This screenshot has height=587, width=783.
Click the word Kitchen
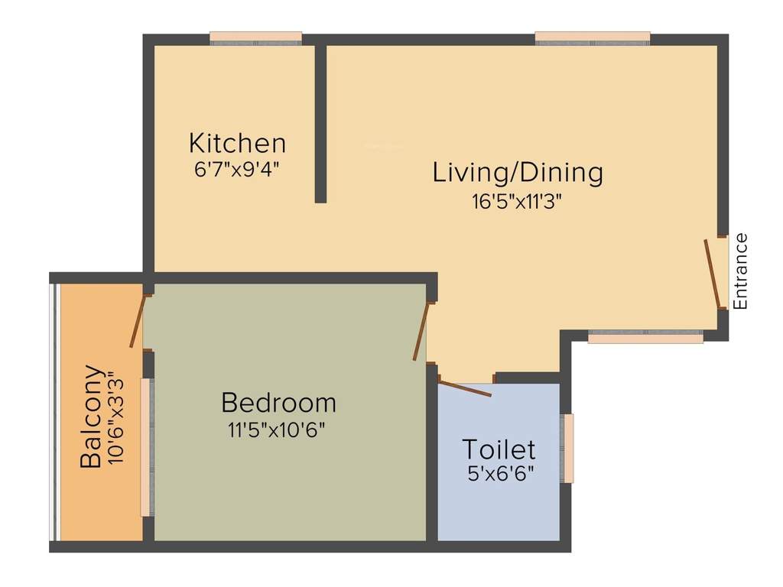(237, 143)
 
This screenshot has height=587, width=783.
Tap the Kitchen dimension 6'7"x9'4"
(237, 168)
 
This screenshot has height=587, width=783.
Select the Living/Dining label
(518, 172)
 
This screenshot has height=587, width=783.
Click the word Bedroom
(278, 402)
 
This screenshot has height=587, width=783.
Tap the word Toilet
(499, 449)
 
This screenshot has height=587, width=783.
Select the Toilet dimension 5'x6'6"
(500, 473)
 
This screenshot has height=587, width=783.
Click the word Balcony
(91, 416)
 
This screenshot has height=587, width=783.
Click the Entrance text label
(739, 271)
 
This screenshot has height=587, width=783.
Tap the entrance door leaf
(713, 274)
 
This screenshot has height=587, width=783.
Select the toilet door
(465, 388)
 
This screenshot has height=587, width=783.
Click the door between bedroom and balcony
(138, 321)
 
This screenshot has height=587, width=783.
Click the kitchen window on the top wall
(255, 38)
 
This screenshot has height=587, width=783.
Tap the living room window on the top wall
(593, 38)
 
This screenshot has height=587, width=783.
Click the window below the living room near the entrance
(645, 336)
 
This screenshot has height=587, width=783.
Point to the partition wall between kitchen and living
(321, 122)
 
